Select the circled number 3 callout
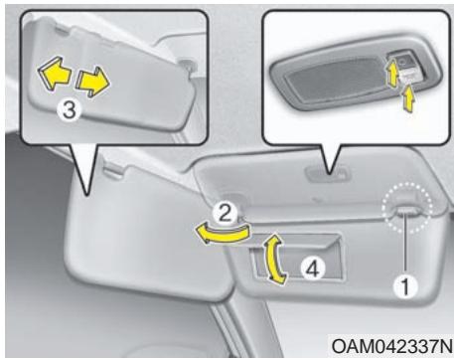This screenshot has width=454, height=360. point(68,111)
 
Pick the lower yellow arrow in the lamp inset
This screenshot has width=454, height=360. point(407,97)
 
